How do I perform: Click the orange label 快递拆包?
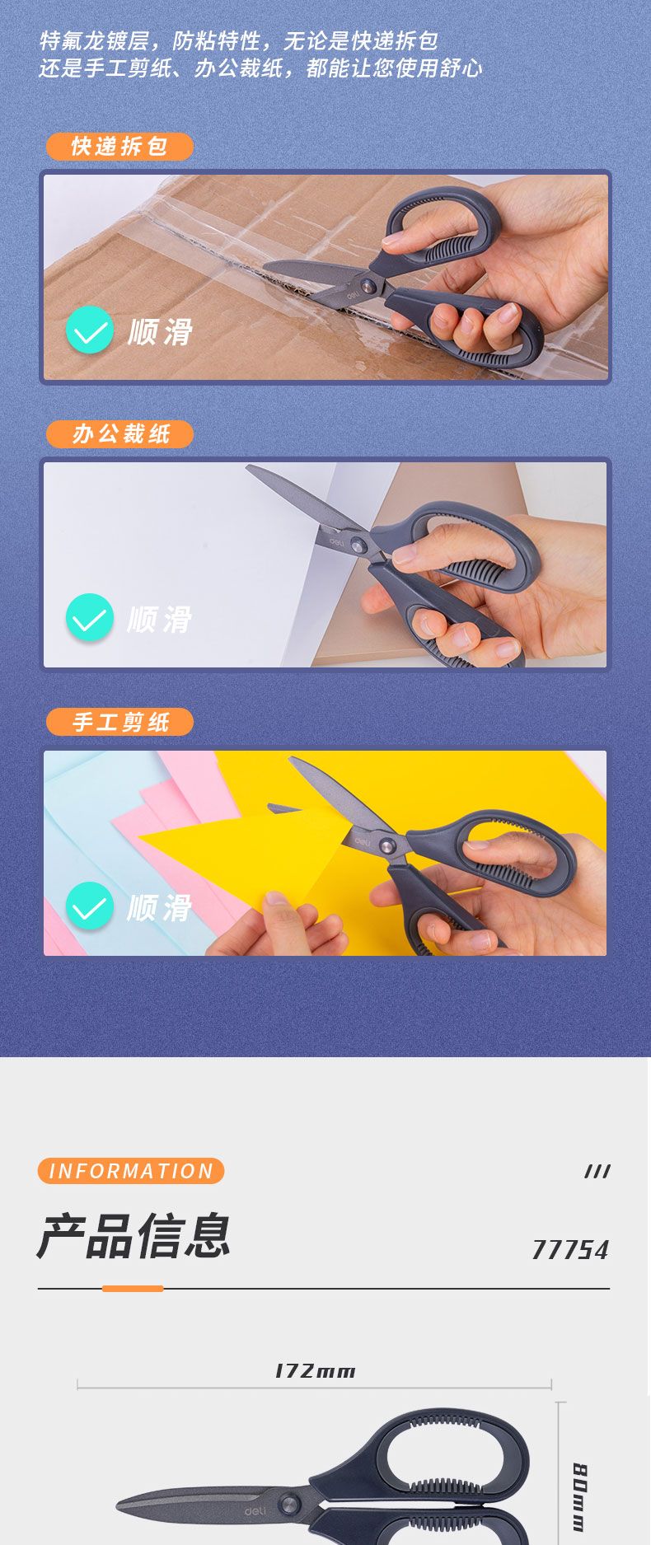(x=119, y=147)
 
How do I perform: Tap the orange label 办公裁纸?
(x=119, y=434)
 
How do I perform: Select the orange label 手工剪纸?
(x=119, y=723)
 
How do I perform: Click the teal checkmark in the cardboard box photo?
(x=89, y=330)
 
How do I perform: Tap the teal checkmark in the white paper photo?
(x=89, y=618)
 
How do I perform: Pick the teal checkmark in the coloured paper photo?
(x=89, y=906)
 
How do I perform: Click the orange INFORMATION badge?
(x=131, y=1171)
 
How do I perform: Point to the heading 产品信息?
(x=133, y=1236)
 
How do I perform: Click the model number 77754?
(x=570, y=1250)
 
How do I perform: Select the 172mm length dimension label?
(x=315, y=1371)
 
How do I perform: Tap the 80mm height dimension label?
(x=580, y=1497)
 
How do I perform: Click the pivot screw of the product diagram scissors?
(x=289, y=1504)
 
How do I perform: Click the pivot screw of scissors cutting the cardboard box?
(x=368, y=286)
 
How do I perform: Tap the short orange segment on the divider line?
(x=133, y=1288)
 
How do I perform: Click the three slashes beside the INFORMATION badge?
(x=597, y=1172)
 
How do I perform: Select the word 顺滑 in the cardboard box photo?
(x=160, y=332)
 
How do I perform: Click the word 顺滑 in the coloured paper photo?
(x=160, y=908)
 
